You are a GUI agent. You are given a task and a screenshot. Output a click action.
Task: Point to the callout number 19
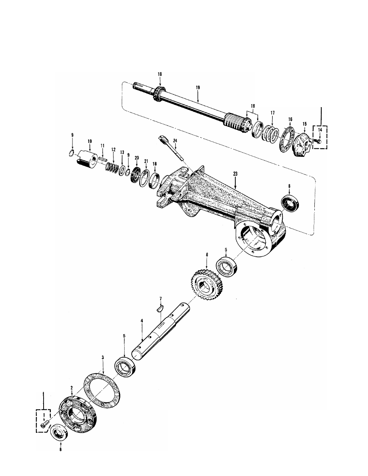(198, 88)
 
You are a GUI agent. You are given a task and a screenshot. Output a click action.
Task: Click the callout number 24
(175, 141)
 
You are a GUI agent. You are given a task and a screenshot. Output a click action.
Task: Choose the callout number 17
(272, 113)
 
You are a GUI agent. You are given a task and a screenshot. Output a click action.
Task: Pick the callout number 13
(122, 153)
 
